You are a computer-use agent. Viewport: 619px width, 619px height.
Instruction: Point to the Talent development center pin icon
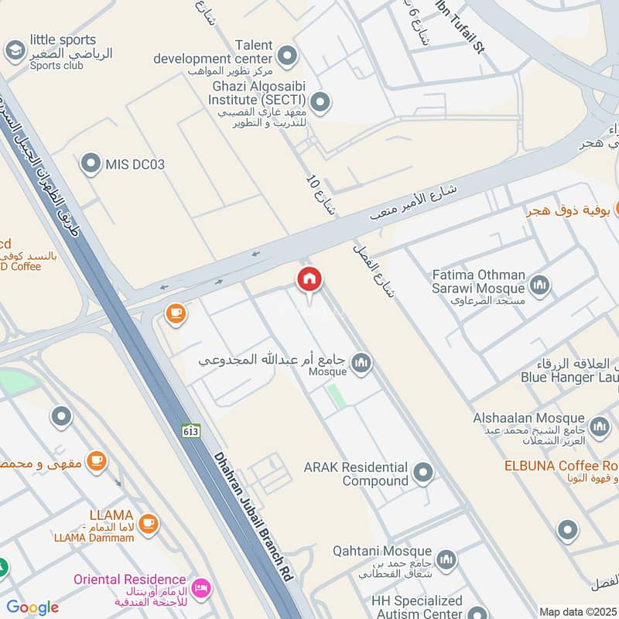[x=288, y=55]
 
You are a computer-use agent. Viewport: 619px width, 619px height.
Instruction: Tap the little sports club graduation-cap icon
[x=14, y=52]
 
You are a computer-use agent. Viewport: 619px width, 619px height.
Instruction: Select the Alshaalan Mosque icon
[x=600, y=426]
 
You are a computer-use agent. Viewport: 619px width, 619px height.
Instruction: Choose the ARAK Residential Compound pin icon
[x=422, y=472]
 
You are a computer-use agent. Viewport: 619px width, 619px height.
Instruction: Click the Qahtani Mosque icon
[x=446, y=559]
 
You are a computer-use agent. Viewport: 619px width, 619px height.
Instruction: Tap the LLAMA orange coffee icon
[x=149, y=524]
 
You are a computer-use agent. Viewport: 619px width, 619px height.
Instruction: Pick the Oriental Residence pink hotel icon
[x=201, y=588]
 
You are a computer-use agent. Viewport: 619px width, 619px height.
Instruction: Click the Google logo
[x=32, y=607]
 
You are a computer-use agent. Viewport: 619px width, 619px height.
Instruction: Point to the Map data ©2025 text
[x=576, y=611]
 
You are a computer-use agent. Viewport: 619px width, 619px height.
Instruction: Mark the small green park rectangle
[x=336, y=395]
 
